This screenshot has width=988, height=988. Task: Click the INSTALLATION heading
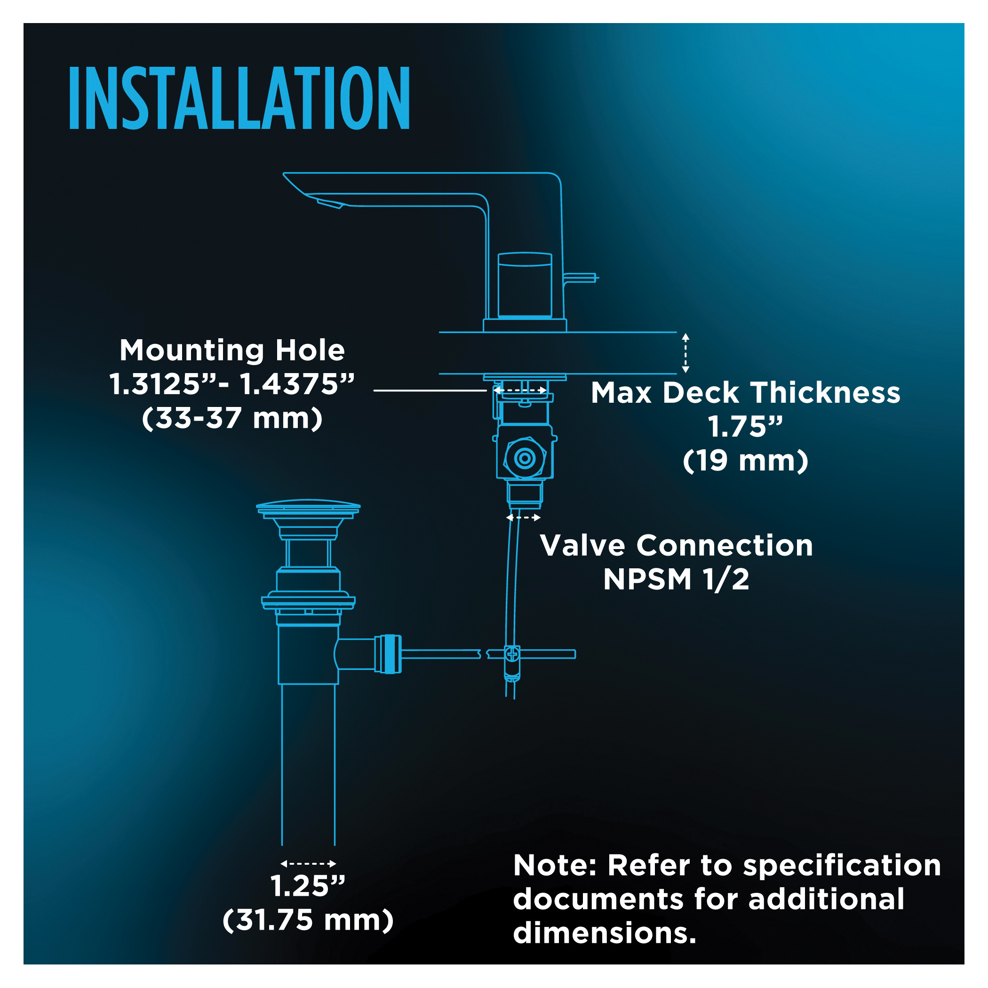pos(239,98)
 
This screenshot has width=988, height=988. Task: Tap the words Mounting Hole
pos(232,351)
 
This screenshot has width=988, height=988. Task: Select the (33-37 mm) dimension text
pos(232,418)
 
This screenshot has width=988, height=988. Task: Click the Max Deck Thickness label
pos(746,393)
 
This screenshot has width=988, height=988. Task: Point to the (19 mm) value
pos(746,461)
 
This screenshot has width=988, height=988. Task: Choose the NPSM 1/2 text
pos(676,580)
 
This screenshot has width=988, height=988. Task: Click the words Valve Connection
pos(676,545)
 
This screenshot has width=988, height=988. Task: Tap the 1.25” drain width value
pos(308,886)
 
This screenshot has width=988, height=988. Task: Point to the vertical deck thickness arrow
pos(686,353)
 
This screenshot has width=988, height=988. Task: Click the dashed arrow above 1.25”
pos(308,864)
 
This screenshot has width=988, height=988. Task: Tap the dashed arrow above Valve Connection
pos(523,518)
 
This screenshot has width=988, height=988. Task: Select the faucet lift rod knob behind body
pos(581,278)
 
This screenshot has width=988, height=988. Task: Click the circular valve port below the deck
pos(525,458)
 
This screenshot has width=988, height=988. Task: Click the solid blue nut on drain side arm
pos(388,653)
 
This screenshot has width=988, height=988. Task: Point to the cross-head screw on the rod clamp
pos(512,653)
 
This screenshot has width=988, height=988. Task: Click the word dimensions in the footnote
pos(605,933)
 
